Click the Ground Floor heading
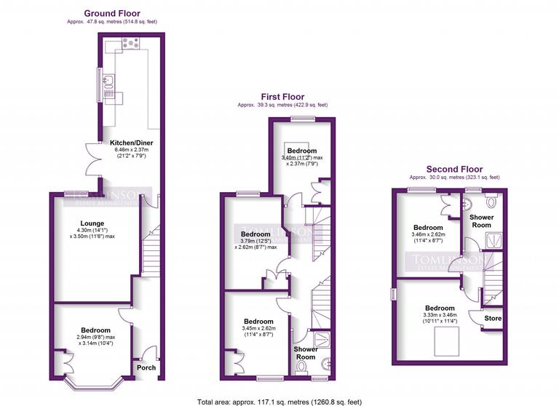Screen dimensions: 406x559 click(x=112, y=13)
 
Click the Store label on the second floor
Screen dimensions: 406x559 click(x=493, y=317)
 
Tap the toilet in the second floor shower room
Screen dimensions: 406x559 click(x=491, y=202)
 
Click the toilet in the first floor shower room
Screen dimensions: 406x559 click(x=302, y=366)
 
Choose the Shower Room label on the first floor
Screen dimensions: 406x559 click(x=305, y=352)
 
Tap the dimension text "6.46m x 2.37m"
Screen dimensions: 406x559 click(x=130, y=149)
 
